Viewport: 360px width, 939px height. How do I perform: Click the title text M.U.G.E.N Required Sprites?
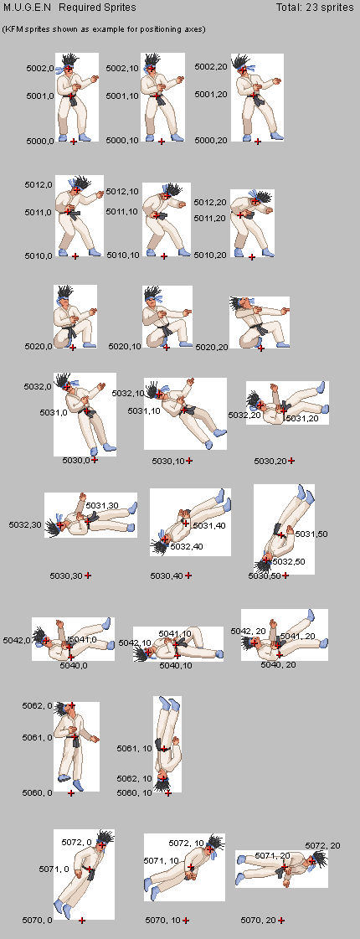[x=69, y=8]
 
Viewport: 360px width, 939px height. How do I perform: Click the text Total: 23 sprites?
[x=315, y=8]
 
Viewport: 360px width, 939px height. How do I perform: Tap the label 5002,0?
[x=40, y=69]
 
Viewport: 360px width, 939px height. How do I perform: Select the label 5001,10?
[x=122, y=95]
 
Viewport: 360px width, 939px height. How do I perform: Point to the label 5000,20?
[x=212, y=140]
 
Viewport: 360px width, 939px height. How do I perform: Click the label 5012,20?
[x=209, y=203]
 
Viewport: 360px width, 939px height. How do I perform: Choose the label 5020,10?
[x=125, y=346]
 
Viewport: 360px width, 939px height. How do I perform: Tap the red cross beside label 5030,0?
[x=94, y=460]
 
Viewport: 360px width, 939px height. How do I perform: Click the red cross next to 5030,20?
[x=291, y=461]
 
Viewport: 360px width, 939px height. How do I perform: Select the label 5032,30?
[x=25, y=524]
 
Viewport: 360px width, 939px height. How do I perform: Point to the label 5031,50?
[x=311, y=534]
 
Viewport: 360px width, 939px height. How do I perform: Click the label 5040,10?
[x=176, y=665]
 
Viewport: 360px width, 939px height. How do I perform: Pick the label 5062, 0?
[x=37, y=705]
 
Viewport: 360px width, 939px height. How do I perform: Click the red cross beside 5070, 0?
[x=82, y=920]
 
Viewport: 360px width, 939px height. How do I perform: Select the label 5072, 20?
[x=322, y=845]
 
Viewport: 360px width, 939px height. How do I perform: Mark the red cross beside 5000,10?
[x=162, y=142]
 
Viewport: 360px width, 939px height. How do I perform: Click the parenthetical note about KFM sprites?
[x=104, y=28]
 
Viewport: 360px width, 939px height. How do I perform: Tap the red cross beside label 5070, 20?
[x=281, y=921]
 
